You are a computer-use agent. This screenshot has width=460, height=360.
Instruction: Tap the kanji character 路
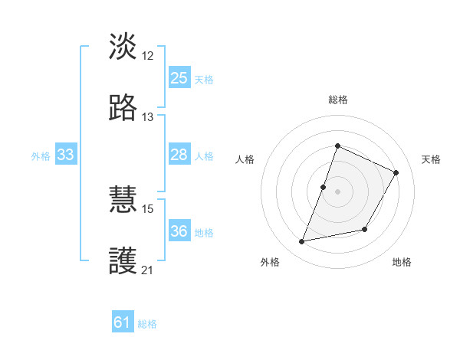click(x=123, y=108)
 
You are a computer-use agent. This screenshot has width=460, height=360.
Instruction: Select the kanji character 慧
click(x=123, y=200)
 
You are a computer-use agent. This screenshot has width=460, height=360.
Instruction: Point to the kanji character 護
click(x=123, y=261)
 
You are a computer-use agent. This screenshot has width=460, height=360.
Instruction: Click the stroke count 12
click(x=148, y=55)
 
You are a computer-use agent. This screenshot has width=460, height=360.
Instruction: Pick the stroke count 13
click(x=148, y=117)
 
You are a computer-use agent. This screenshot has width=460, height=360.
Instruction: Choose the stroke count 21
click(x=148, y=270)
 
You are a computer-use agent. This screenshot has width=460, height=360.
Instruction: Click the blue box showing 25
click(x=179, y=78)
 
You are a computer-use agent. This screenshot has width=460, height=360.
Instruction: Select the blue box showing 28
click(x=179, y=155)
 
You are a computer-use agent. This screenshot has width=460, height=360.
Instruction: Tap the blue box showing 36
click(x=179, y=231)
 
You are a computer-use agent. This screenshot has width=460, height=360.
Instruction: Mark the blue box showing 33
click(x=66, y=155)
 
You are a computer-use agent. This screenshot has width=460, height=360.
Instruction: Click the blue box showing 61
click(x=123, y=322)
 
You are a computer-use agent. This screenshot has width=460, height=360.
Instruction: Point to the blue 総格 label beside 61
click(x=147, y=324)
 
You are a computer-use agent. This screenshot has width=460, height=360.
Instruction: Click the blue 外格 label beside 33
click(x=41, y=156)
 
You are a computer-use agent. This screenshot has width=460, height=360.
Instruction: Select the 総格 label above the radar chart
click(x=337, y=100)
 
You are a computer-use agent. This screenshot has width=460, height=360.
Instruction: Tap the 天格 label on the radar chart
click(x=431, y=159)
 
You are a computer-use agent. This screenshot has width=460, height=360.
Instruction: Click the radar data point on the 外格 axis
click(x=302, y=242)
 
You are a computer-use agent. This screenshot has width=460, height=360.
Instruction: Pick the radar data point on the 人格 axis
click(x=324, y=187)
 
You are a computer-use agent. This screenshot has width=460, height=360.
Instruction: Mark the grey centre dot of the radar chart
click(x=337, y=191)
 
